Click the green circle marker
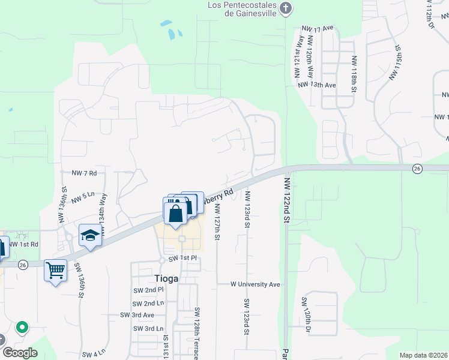pyautogui.click(x=22, y=327)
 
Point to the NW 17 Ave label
pyautogui.click(x=318, y=29)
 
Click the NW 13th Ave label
pyautogui.click(x=317, y=85)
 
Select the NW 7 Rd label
pyautogui.click(x=84, y=173)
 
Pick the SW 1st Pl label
pyautogui.click(x=182, y=259)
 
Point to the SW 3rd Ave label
pyautogui.click(x=137, y=315)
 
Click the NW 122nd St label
pyautogui.click(x=287, y=200)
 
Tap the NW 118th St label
pyautogui.click(x=354, y=74)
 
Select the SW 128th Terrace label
pyautogui.click(x=196, y=334)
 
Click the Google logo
pyautogui.click(x=20, y=353)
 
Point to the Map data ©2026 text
pyautogui.click(x=423, y=355)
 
